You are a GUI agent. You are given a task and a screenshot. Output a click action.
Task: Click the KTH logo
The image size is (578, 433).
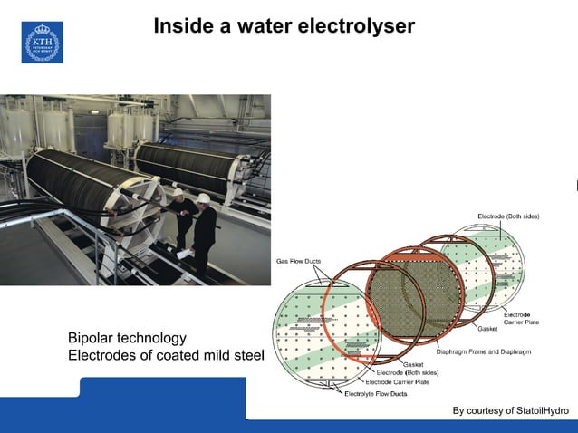pos(42,43)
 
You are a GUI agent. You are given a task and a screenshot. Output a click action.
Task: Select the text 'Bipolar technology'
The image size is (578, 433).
pos(127,338)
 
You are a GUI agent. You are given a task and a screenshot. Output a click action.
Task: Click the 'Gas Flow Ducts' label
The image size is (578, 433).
pos(299,262)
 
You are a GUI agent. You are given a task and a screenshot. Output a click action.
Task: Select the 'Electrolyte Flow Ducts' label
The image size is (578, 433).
pos(375,394)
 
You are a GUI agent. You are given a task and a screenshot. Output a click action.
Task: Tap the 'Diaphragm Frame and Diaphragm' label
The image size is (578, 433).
pos(484,351)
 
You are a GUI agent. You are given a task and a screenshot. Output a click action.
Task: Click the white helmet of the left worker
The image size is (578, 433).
pos(178,192)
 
